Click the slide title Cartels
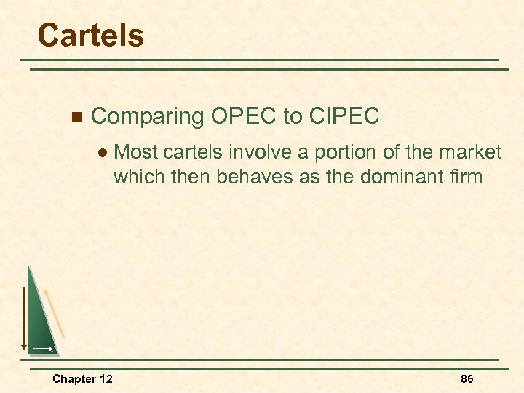90,35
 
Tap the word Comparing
148,116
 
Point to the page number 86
467,379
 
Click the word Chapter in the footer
74,379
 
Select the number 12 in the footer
106,379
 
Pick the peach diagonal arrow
55,313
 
